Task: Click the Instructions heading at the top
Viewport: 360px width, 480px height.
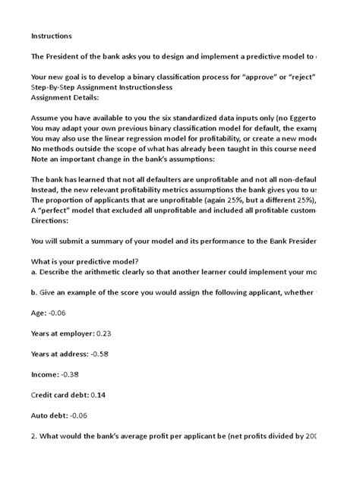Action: coord(52,35)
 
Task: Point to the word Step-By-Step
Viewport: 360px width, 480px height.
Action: coord(55,87)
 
